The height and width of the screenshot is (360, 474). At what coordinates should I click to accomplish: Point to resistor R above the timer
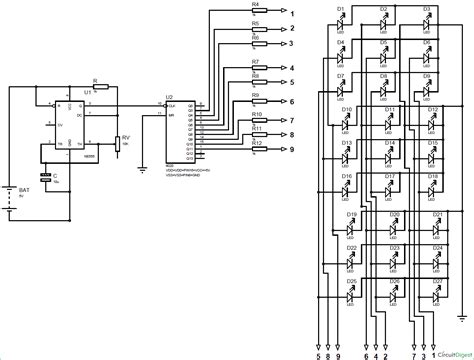tap(95, 85)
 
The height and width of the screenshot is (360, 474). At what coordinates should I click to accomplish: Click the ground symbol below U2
tap(143, 169)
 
